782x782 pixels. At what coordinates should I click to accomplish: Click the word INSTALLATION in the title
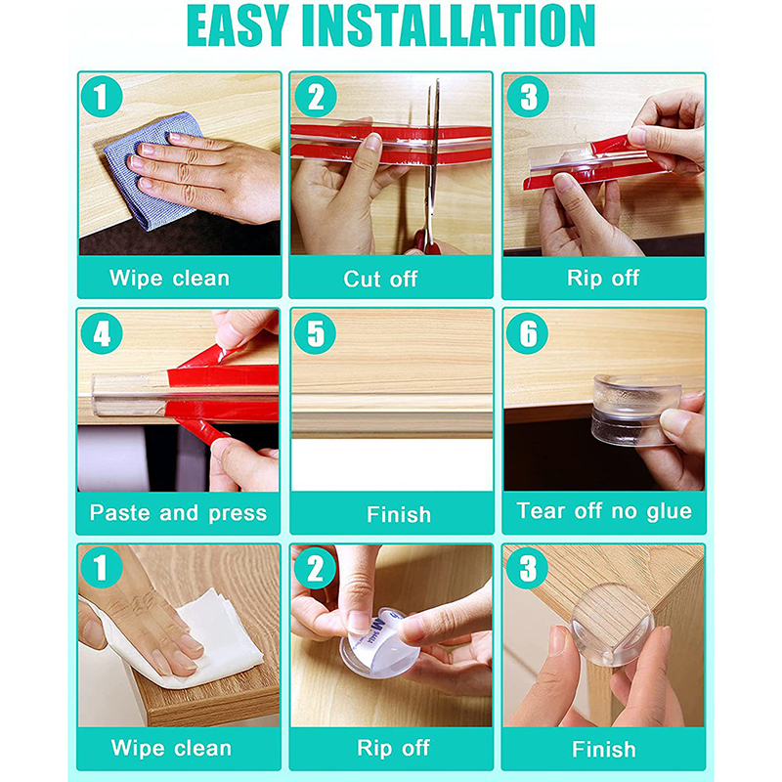coord(449,26)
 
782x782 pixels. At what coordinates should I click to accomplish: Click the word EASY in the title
coord(238,26)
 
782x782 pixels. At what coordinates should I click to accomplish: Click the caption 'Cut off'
coord(380,279)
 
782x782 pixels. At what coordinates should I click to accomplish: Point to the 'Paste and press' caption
coord(178,513)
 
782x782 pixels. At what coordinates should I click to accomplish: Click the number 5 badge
coord(315,333)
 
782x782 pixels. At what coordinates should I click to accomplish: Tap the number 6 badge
coord(527,333)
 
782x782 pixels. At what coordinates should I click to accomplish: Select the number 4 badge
coord(102,333)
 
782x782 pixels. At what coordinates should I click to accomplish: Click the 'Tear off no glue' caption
coord(604,511)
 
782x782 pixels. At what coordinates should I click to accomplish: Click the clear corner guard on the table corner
coord(612,625)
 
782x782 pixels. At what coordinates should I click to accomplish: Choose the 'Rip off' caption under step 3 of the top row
coord(603,278)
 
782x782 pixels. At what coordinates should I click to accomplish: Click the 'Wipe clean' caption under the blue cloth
coord(169,278)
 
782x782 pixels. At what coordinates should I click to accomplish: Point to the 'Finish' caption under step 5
coord(399,514)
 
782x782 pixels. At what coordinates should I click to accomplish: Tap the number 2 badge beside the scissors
coord(316,97)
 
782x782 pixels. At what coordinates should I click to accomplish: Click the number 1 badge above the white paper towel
coord(102,567)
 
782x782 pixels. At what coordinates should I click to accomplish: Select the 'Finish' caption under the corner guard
coord(603,749)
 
